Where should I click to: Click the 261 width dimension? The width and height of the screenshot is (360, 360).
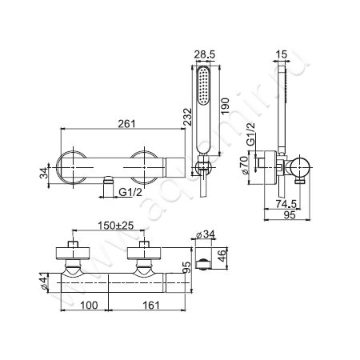click(x=127, y=123)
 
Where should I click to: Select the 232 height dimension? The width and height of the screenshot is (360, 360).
click(x=187, y=117)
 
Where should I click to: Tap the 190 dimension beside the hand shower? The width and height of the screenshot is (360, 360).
click(x=225, y=106)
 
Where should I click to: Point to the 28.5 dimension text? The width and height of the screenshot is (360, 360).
click(x=204, y=54)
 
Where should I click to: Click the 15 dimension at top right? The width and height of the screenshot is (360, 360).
click(x=282, y=54)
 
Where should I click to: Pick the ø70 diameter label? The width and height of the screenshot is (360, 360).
click(x=244, y=166)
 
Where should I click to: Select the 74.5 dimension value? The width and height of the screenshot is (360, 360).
click(x=286, y=204)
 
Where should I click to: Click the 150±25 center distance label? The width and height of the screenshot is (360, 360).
click(x=115, y=226)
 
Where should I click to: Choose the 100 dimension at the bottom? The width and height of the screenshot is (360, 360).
click(x=89, y=305)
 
